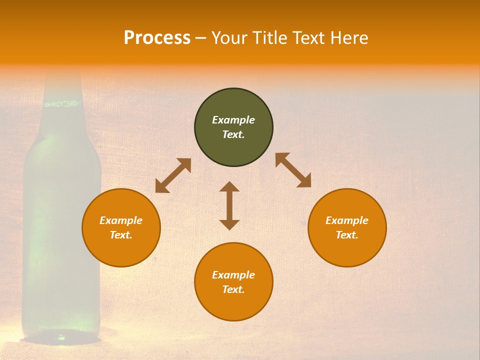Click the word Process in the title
coord(157,38)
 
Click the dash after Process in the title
coord(200,38)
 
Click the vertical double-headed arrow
coord(229,205)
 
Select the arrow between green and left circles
coord(173,175)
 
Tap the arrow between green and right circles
coord(293,170)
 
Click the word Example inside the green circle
coord(233,120)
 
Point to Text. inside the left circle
coord(121,235)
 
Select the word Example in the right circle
coord(347,220)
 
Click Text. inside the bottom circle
coord(233,289)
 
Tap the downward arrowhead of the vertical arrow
coord(229,224)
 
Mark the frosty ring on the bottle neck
coord(62,104)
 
